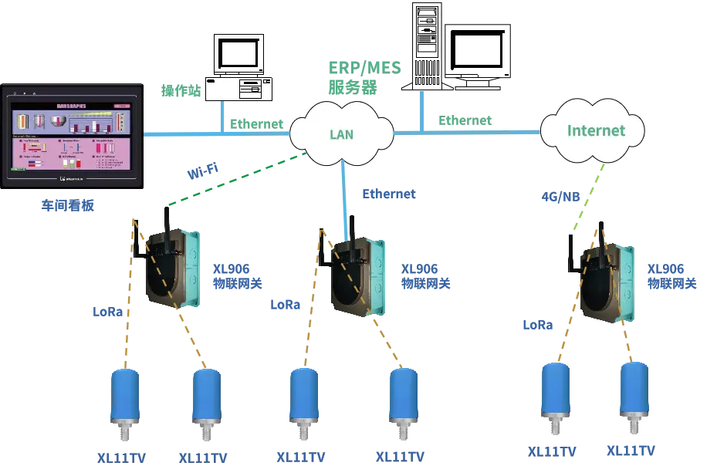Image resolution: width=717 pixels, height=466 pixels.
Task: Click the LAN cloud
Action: (x=341, y=133)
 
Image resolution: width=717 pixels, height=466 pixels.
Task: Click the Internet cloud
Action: (x=594, y=130)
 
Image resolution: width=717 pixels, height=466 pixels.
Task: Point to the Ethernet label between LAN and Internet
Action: (x=465, y=120)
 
